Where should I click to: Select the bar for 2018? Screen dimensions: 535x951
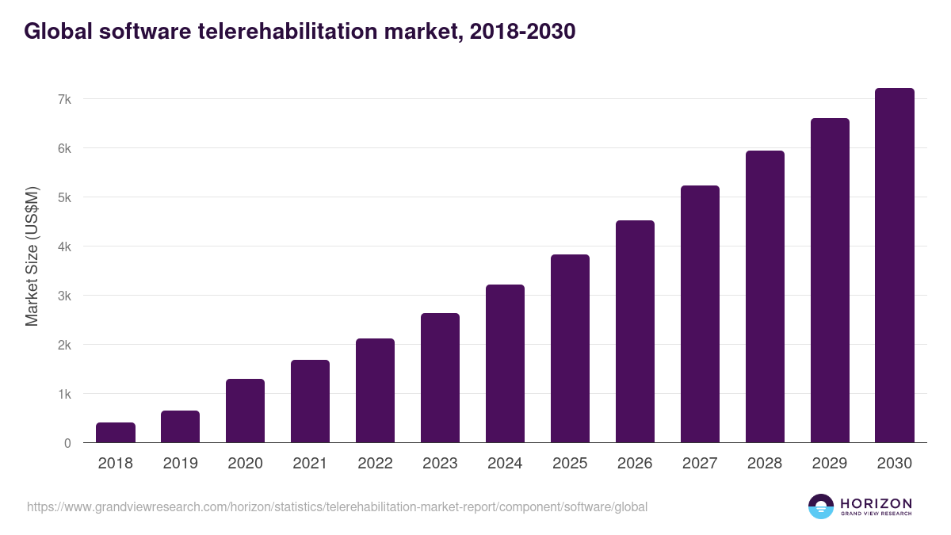(116, 433)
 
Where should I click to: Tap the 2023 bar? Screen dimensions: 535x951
(441, 378)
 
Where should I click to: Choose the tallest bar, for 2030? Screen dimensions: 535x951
(895, 266)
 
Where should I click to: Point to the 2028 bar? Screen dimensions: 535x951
(766, 296)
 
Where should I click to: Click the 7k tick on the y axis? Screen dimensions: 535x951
(64, 99)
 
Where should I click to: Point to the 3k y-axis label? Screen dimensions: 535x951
(64, 296)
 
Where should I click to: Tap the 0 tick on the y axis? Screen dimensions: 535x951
(67, 443)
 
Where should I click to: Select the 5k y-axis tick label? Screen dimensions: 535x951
(64, 197)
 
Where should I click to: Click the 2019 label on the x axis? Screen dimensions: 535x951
(181, 463)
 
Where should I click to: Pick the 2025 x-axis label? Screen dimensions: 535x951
(571, 463)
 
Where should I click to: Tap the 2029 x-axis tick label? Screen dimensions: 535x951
(830, 463)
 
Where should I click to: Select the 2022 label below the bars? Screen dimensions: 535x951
(376, 463)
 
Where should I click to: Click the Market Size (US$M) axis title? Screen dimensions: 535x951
(32, 256)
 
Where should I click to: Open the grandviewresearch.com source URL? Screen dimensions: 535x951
(337, 506)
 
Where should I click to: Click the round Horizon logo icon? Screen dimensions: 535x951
(821, 506)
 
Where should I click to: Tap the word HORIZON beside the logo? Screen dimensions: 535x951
(877, 503)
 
